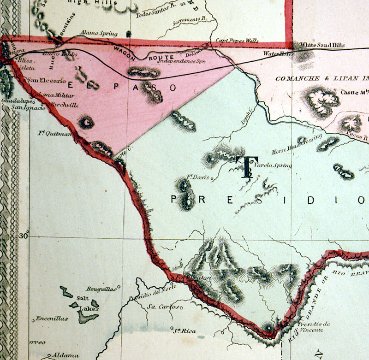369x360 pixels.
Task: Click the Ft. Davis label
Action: tap(197, 177)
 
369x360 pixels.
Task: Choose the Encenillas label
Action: tap(52, 319)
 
